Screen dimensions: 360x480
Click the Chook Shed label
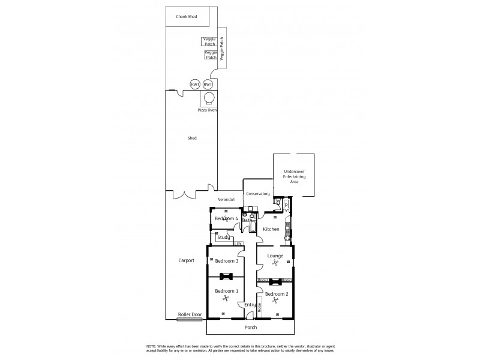pyautogui.click(x=187, y=17)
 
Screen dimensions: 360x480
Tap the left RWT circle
pyautogui.click(x=195, y=85)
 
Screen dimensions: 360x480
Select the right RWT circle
pyautogui.click(x=208, y=85)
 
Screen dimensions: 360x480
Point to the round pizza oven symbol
pyautogui.click(x=209, y=98)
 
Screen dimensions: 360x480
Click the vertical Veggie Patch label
pyautogui.click(x=221, y=48)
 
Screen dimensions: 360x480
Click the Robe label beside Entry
pyautogui.click(x=259, y=308)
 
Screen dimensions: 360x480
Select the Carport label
pyautogui.click(x=187, y=261)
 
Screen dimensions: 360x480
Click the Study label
pyautogui.click(x=224, y=237)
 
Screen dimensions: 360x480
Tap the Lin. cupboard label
pyautogui.click(x=238, y=244)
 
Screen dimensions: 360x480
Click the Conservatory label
pyautogui.click(x=257, y=194)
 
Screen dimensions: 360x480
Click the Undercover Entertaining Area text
pyautogui.click(x=294, y=176)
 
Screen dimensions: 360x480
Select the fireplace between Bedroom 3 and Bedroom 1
pyautogui.click(x=226, y=277)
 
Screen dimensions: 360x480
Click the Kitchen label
pyautogui.click(x=271, y=229)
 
